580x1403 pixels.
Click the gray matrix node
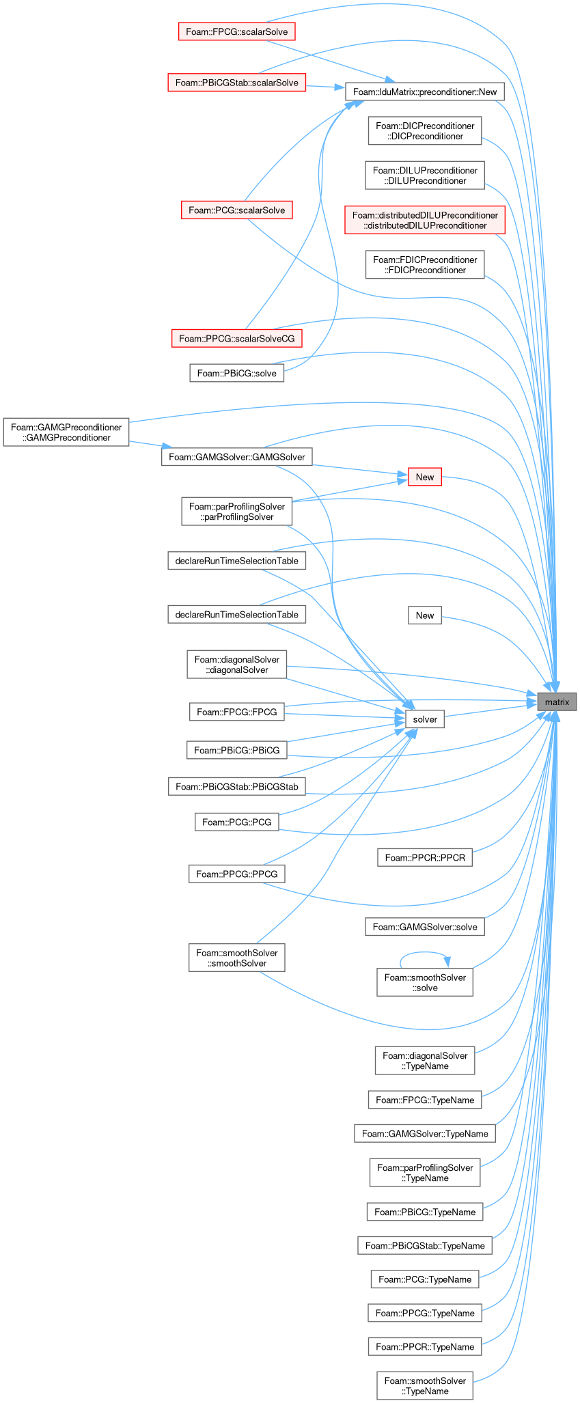coord(557,701)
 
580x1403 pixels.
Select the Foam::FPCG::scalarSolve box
coord(236,31)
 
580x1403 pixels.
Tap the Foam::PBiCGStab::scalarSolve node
coord(236,83)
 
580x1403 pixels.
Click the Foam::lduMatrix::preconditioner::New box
coord(425,92)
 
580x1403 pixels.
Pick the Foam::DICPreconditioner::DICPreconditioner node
coord(425,130)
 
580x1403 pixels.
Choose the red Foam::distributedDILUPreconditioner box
coord(425,220)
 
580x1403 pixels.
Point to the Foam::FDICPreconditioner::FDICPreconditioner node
coord(425,264)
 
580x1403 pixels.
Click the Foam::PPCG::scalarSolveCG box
coord(236,337)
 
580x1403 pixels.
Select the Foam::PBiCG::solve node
coord(236,373)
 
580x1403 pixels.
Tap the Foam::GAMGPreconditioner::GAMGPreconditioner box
coord(66,432)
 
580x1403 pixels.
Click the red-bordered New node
coord(425,477)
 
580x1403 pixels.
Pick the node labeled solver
coord(425,719)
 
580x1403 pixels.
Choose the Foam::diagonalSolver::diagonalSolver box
coord(236,665)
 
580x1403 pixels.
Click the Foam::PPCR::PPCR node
coord(425,857)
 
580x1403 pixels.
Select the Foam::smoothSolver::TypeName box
coord(425,1386)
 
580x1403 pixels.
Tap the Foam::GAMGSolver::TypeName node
coord(425,1134)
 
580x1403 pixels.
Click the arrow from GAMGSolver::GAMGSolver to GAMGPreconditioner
coord(146,445)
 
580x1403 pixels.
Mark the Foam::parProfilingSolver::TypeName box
coord(425,1173)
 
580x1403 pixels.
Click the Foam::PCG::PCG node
coord(236,822)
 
